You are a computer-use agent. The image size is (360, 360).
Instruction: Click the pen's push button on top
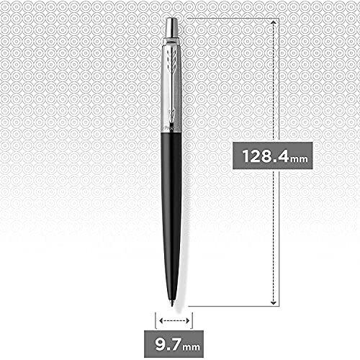[x=174, y=27]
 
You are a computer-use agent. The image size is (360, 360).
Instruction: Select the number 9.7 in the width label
[x=169, y=338]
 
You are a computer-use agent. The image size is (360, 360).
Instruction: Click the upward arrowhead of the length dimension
[x=274, y=23]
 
